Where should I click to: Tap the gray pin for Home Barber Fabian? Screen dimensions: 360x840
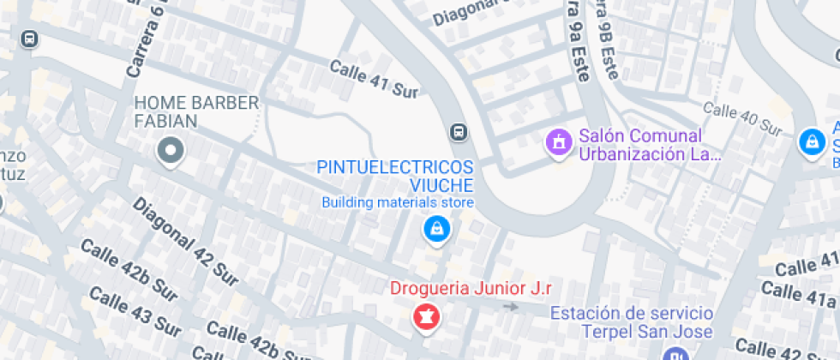(x=170, y=152)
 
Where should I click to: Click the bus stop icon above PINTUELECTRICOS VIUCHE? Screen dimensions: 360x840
(x=459, y=132)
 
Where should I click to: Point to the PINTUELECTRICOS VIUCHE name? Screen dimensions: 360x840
(x=395, y=176)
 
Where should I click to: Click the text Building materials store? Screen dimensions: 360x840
(x=398, y=203)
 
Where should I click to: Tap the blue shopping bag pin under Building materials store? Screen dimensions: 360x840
(x=437, y=229)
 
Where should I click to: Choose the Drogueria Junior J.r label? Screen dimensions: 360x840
(x=471, y=289)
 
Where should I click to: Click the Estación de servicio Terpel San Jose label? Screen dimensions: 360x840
(x=632, y=321)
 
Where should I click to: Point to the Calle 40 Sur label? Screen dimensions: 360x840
(x=742, y=118)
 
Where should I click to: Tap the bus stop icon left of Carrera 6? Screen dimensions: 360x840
(x=30, y=39)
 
